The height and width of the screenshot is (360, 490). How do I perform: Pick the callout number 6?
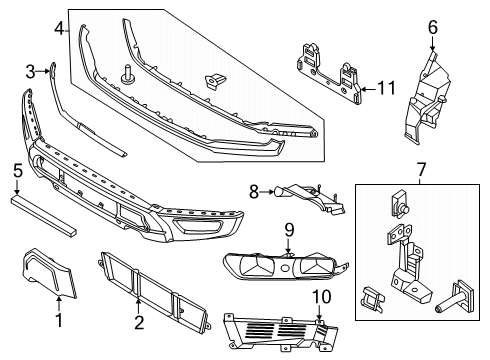[x=433, y=27]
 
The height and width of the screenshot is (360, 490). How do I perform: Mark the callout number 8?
[x=255, y=189]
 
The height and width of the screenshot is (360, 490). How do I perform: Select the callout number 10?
[x=322, y=297]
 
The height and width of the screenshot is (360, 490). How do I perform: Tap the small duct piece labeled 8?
[x=300, y=196]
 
